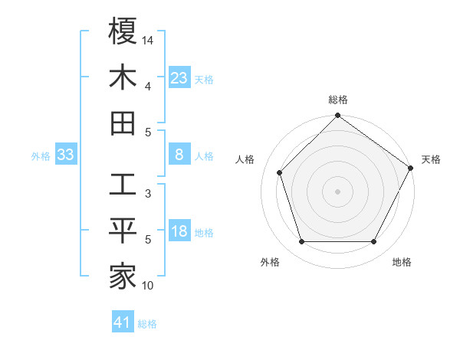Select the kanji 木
tap(123, 77)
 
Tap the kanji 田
tap(123, 123)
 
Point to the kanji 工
tap(123, 185)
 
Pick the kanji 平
tap(123, 231)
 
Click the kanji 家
tap(123, 277)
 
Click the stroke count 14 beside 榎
tap(148, 39)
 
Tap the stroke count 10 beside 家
tap(148, 286)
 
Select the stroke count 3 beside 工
tap(148, 194)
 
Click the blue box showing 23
tap(179, 78)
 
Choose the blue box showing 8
tap(179, 155)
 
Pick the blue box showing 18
tap(179, 232)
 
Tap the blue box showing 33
tap(65, 155)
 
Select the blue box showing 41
tap(123, 322)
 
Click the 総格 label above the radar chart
tap(338, 100)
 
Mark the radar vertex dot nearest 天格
tap(411, 168)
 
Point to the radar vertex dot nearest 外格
tap(301, 242)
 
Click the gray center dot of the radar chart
tap(338, 191)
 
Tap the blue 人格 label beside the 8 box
tap(204, 156)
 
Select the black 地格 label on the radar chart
tap(402, 262)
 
